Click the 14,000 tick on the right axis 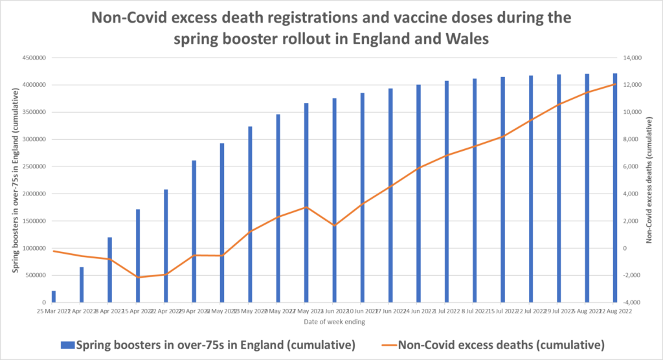pos(631,58)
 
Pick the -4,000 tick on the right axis pos(631,302)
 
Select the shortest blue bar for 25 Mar pos(54,297)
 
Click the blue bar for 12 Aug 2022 pos(614,188)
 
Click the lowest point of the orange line pos(138,277)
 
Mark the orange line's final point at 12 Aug pos(614,84)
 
